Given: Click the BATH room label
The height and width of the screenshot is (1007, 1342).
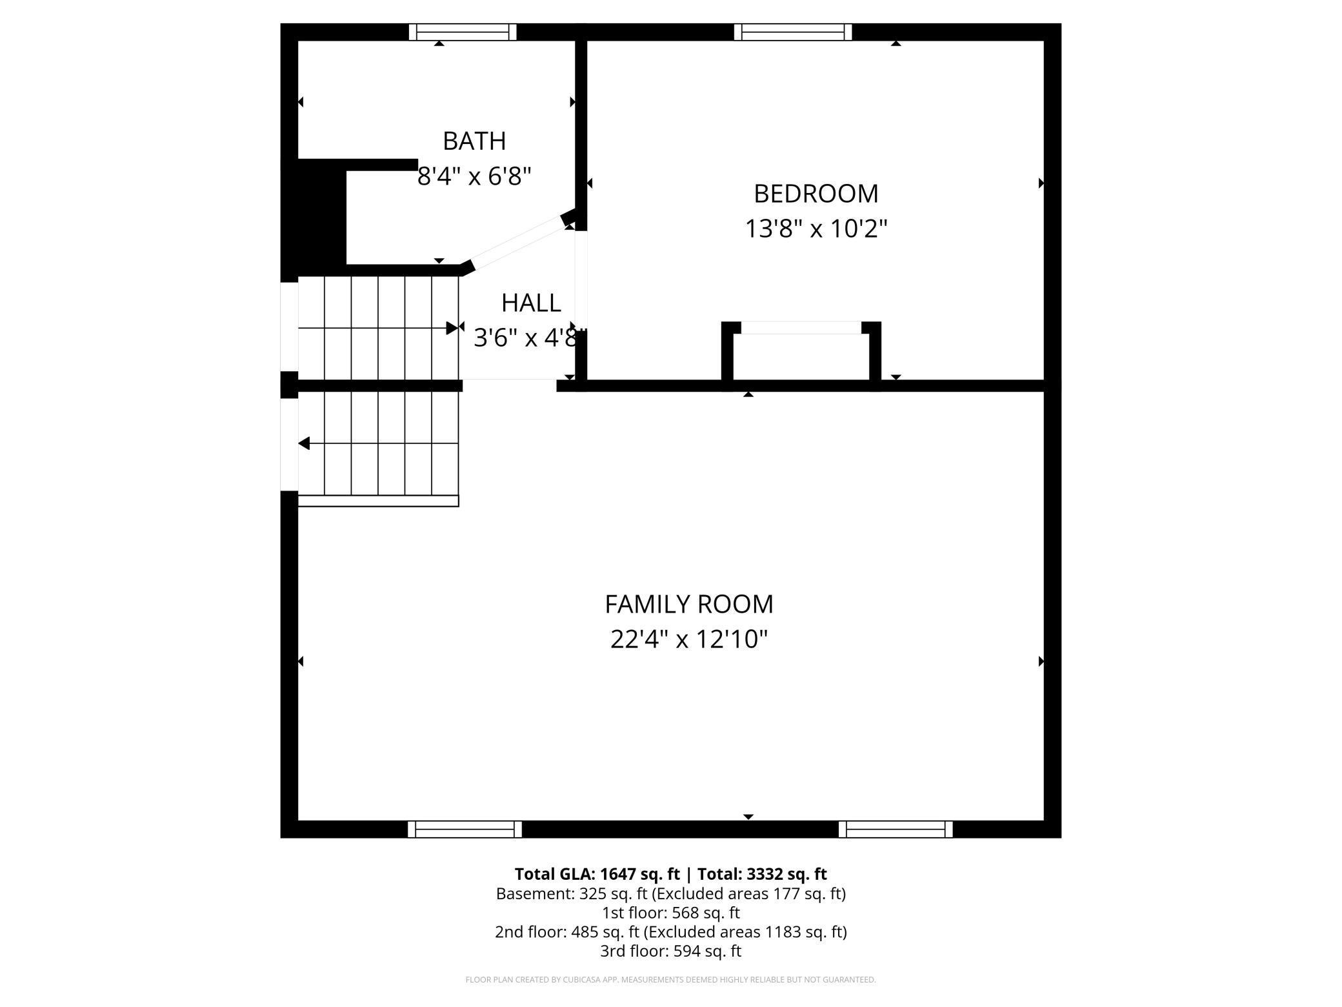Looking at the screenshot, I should (x=474, y=141).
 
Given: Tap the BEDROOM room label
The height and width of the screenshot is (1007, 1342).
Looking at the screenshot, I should (x=816, y=194).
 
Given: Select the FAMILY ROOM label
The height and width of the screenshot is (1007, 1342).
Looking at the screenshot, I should (x=688, y=604).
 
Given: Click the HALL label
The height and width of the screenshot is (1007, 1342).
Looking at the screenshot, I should (x=531, y=303).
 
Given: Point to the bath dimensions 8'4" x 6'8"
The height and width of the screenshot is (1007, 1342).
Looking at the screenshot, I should (x=474, y=176).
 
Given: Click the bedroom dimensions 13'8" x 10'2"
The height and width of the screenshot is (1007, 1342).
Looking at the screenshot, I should (x=816, y=229).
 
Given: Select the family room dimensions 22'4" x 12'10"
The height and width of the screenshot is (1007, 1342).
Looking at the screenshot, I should (x=688, y=639).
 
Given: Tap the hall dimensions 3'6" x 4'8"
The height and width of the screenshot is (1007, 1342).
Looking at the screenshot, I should (x=529, y=337).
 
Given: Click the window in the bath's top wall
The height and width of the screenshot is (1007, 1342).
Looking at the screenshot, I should (x=463, y=32).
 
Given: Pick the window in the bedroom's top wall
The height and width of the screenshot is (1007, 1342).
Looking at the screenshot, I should (x=792, y=32).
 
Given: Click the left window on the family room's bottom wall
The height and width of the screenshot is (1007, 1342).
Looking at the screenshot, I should (x=465, y=829).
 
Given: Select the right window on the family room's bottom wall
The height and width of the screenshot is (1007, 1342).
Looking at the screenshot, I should (x=895, y=829).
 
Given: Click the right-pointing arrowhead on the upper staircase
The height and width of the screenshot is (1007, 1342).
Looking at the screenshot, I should (x=452, y=328).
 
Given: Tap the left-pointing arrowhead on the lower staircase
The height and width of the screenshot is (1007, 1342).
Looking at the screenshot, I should (x=304, y=443).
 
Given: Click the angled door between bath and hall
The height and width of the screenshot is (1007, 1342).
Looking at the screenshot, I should (x=519, y=244).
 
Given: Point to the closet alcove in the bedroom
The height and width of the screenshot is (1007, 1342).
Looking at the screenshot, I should (x=801, y=355).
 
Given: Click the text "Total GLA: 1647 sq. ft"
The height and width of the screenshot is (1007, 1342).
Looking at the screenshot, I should (x=597, y=873).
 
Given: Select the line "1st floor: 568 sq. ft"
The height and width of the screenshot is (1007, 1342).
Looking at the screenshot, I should (x=670, y=913).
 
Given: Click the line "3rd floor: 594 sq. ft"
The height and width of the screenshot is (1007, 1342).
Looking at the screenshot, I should (x=670, y=951).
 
